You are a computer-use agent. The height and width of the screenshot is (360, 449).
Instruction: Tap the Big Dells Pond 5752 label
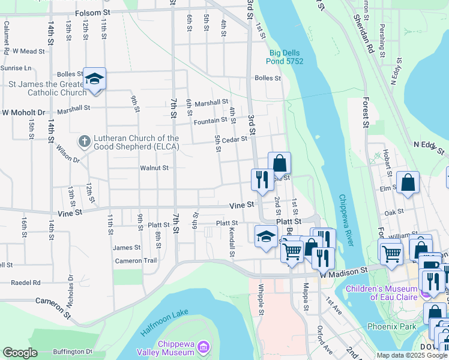(x=286, y=57)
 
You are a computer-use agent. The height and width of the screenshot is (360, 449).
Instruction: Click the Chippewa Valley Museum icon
(x=203, y=347)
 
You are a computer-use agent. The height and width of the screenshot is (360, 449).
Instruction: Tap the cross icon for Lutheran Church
(x=85, y=142)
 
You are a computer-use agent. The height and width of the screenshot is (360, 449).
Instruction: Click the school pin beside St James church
(x=94, y=79)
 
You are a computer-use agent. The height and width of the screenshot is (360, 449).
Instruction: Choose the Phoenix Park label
(x=391, y=327)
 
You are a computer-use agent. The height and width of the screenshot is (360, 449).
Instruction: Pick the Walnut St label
(x=154, y=168)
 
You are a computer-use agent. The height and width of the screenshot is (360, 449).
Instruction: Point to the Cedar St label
(x=235, y=139)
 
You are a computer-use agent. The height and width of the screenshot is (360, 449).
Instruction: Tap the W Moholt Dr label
(x=24, y=112)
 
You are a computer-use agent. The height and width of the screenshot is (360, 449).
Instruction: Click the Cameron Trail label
(x=136, y=260)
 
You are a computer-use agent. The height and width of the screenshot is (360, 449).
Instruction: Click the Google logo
(x=20, y=353)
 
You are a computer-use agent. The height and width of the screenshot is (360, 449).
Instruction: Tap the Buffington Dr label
(x=73, y=352)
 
